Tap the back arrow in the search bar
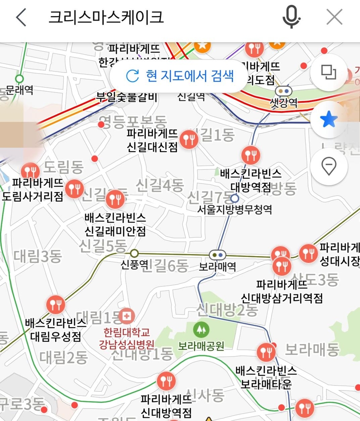click(21, 17)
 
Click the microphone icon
click(292, 17)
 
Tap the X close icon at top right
click(335, 17)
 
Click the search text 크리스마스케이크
click(106, 17)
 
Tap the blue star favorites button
click(329, 120)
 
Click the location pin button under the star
click(329, 167)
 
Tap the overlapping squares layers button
click(329, 73)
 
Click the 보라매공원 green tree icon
click(201, 329)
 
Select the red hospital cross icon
click(127, 316)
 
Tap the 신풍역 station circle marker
click(134, 253)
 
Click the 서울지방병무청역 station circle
click(235, 199)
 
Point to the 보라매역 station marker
click(217, 255)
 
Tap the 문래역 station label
click(19, 90)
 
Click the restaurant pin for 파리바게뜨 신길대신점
click(189, 139)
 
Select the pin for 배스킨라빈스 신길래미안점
click(115, 200)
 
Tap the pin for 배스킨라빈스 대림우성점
click(55, 305)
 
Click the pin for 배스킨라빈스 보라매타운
click(266, 352)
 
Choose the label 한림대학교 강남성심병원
click(127, 338)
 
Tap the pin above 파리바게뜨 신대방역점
click(166, 381)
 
